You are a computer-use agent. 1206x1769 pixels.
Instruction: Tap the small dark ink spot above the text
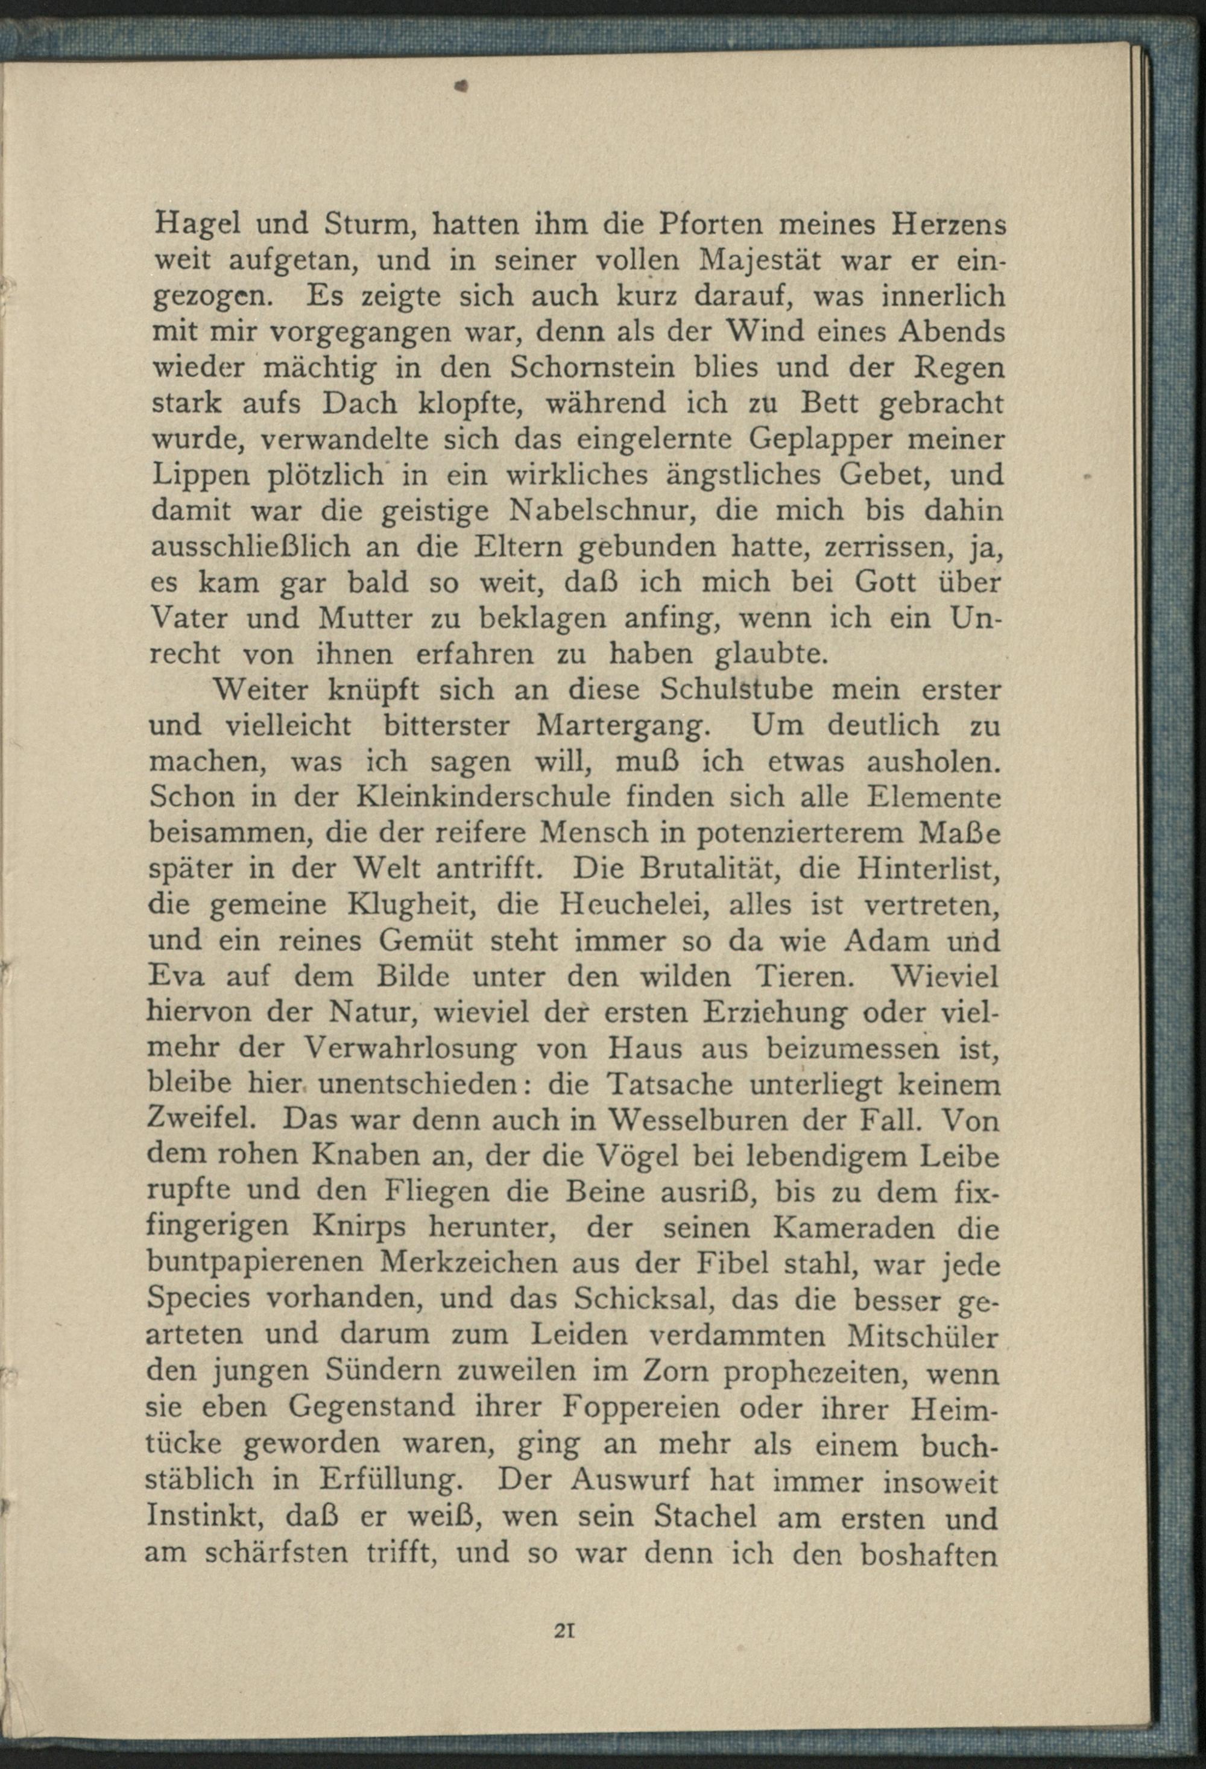(461, 87)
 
